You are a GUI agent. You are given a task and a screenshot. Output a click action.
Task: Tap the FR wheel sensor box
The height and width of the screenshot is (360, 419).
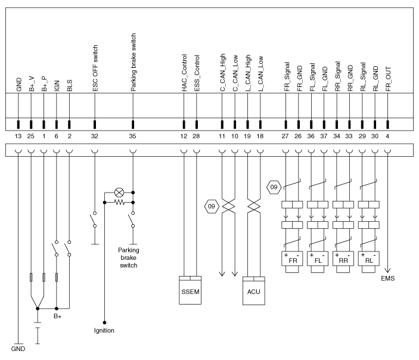[x=291, y=260]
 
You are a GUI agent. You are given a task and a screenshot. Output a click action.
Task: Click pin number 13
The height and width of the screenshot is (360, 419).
[x=18, y=136]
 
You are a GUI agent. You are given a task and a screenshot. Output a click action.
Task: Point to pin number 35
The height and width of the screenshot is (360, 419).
[x=132, y=136]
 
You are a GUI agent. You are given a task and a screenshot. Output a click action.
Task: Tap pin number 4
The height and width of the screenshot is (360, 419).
[x=388, y=136]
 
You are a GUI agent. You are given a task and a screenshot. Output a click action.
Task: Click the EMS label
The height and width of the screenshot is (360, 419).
[x=388, y=277]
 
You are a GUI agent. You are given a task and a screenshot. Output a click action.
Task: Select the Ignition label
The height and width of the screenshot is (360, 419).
[x=104, y=330]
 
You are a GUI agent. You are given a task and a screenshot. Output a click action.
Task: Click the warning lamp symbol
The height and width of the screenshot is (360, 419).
[x=119, y=193]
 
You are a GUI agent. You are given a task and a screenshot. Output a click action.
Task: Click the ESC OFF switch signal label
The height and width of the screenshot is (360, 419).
[x=95, y=71]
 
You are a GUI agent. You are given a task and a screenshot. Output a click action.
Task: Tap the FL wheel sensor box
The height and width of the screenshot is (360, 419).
[x=317, y=260]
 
